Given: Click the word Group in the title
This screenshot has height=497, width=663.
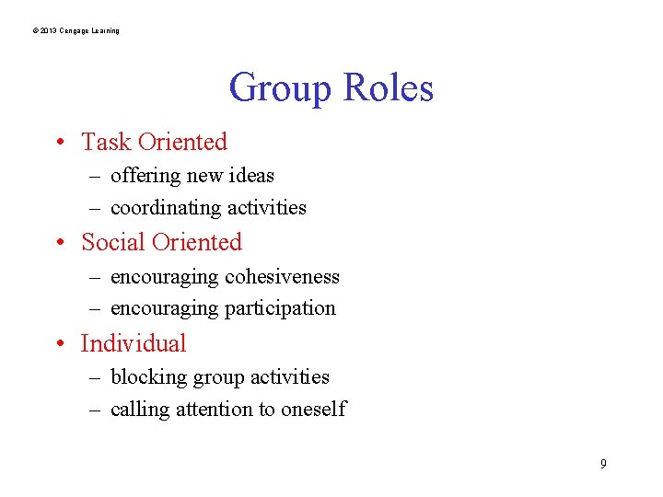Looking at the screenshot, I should (281, 89).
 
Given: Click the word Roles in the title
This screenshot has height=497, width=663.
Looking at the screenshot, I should (388, 89).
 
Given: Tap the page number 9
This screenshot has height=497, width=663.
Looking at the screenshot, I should (603, 464).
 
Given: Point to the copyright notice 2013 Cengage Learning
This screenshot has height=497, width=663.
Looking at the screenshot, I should (76, 31).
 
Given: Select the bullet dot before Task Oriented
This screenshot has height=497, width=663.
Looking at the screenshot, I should (58, 143).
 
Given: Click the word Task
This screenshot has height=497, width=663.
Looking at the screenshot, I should (106, 143).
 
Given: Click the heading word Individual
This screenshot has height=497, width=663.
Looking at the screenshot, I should (134, 344).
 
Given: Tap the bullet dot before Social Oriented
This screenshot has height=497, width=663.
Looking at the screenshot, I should (58, 243).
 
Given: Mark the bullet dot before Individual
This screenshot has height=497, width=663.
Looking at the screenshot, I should (58, 344).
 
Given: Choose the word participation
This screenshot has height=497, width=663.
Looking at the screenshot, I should (281, 308).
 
